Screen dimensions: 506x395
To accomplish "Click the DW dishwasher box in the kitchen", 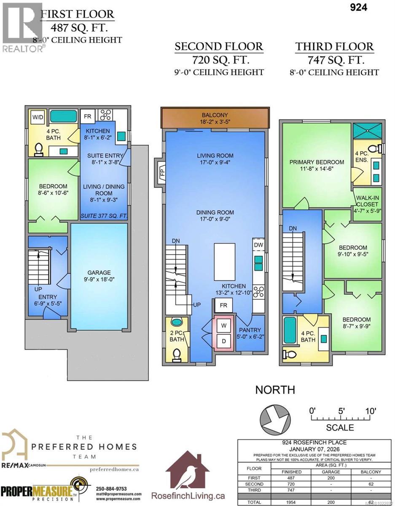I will point(258,244).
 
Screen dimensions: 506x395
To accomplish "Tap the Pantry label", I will point(250,330).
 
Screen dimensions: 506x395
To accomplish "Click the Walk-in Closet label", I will point(367,201).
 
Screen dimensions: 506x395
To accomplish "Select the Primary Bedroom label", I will point(317,162).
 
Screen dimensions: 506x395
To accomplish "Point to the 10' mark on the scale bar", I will point(371,410).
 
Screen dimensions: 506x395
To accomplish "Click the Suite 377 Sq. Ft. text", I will point(104,216).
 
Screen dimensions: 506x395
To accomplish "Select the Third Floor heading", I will point(334,46).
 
